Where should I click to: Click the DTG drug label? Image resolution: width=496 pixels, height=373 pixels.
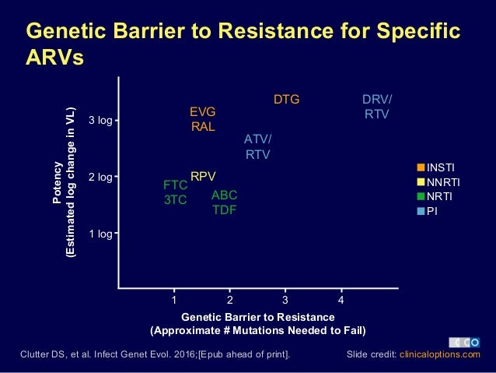(x=286, y=100)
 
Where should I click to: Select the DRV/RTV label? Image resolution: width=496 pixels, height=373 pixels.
(x=378, y=107)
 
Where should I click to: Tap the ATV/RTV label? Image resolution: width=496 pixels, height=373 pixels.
(x=257, y=146)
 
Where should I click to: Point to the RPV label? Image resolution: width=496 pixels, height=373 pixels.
(x=203, y=176)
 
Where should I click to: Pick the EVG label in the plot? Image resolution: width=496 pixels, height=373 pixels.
(x=203, y=112)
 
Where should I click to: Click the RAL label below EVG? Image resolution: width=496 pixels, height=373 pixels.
(x=203, y=127)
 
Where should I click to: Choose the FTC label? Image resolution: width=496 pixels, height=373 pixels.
(x=175, y=185)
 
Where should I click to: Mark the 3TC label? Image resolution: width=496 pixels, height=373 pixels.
(x=175, y=199)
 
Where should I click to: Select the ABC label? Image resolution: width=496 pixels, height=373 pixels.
(x=225, y=195)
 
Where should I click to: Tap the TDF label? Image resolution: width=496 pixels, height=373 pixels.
(x=225, y=209)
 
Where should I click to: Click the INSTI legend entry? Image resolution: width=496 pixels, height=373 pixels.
(x=441, y=167)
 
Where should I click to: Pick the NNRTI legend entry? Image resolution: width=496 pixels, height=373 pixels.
(x=444, y=181)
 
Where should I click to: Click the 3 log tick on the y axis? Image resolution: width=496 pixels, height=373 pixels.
(x=100, y=121)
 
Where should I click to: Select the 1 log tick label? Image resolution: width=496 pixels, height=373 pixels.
(x=100, y=233)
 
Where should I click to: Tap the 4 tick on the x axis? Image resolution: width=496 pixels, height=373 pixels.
(x=341, y=299)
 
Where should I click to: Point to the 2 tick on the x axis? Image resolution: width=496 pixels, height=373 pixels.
(x=230, y=299)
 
